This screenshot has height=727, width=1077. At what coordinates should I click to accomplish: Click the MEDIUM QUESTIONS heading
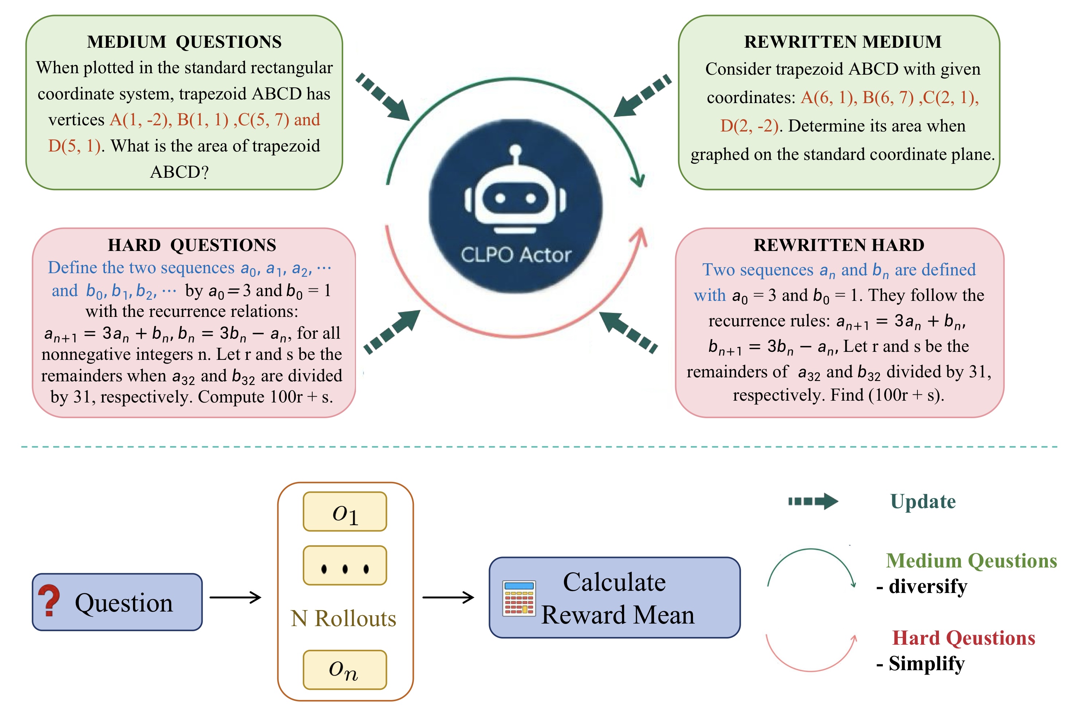(x=184, y=42)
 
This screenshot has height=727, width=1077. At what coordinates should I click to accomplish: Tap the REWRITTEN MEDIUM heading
(x=842, y=42)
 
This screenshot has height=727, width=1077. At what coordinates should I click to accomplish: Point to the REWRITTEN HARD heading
(x=838, y=245)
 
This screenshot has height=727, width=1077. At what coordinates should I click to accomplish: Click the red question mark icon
(x=49, y=601)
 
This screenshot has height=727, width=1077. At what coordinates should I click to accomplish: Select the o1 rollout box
(x=345, y=511)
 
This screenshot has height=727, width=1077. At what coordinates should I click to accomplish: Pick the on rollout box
(x=345, y=669)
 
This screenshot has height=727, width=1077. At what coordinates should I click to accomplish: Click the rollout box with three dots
(x=345, y=566)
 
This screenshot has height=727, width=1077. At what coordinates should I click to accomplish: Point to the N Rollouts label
(x=344, y=618)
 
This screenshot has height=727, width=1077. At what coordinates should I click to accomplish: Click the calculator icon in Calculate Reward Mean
(x=519, y=598)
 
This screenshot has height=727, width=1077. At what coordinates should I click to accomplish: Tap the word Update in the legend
(x=922, y=501)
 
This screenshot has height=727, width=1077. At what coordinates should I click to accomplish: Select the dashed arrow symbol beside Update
(x=813, y=501)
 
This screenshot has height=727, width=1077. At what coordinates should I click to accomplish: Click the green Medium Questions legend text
(x=971, y=561)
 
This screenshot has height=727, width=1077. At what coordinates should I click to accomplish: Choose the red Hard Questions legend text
(x=963, y=638)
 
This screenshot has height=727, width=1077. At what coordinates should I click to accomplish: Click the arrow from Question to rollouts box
(x=235, y=597)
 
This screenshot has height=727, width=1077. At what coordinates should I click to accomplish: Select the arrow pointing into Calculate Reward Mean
(x=448, y=597)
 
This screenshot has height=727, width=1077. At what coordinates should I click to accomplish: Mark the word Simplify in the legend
(x=927, y=664)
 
